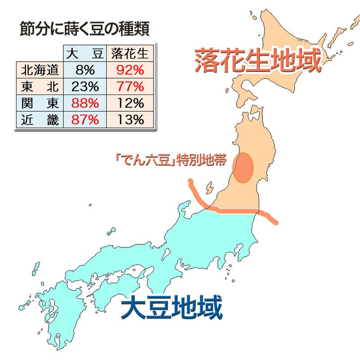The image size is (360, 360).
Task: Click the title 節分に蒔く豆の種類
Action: pyautogui.click(x=85, y=29)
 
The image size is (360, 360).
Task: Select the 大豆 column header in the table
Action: pyautogui.click(x=85, y=54)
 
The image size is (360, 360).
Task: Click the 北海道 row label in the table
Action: pyautogui.click(x=40, y=71)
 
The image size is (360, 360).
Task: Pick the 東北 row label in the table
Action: pyautogui.click(x=40, y=87)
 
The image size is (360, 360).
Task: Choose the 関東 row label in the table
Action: pyautogui.click(x=40, y=103)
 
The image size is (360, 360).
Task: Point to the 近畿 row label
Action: pyautogui.click(x=40, y=119)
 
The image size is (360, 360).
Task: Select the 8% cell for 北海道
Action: pyautogui.click(x=85, y=71)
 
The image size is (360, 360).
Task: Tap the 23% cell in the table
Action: pyautogui.click(x=85, y=87)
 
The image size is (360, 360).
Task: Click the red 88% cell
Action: pyautogui.click(x=85, y=103)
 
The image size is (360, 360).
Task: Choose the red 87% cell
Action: pyautogui.click(x=85, y=119)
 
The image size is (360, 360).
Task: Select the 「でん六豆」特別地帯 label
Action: pyautogui.click(x=170, y=161)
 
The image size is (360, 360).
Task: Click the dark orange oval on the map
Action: pyautogui.click(x=243, y=167)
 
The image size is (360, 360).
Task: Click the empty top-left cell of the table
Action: pyautogui.click(x=40, y=54)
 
